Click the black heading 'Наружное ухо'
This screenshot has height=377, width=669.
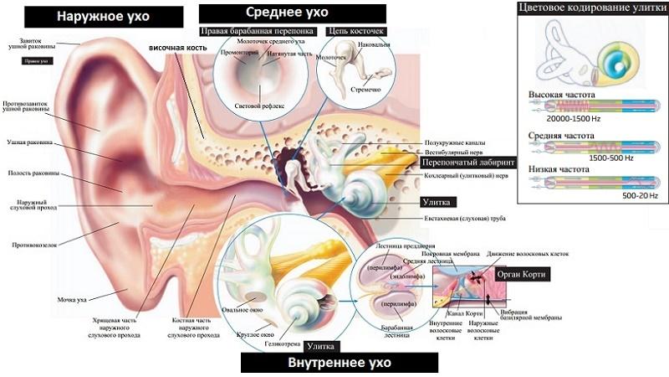[103, 16]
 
